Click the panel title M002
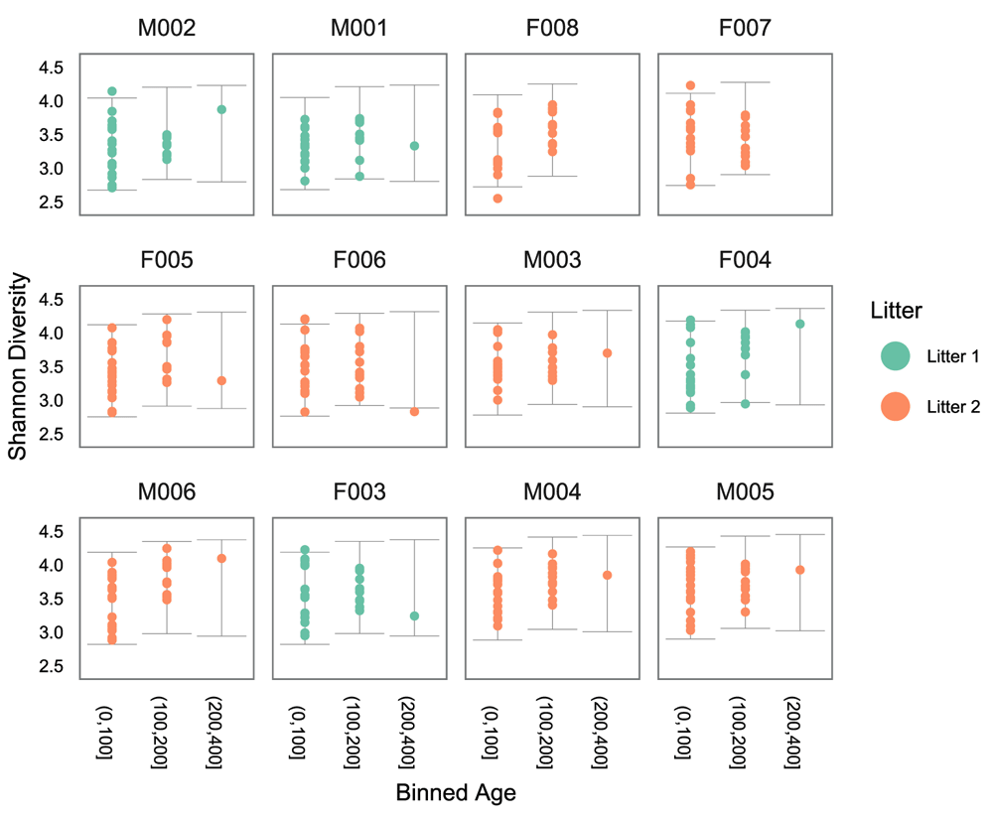tap(167, 28)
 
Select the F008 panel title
tap(550, 28)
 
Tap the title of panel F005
tap(167, 260)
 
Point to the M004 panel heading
tap(550, 493)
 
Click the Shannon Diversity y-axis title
tap(17, 364)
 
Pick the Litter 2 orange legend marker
tap(896, 405)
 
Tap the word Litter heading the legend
tap(897, 311)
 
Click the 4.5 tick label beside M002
tap(52, 68)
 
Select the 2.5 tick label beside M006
tap(52, 666)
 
